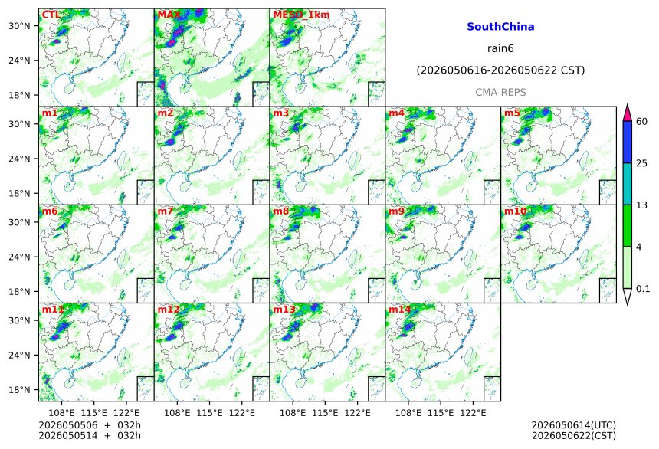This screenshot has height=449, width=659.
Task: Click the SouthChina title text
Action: (500, 27)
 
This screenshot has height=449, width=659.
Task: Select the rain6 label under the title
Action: (500, 48)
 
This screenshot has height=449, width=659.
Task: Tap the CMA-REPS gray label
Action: (500, 93)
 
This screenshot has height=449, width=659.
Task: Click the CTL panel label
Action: (51, 15)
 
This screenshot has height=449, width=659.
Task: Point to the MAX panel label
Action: (169, 15)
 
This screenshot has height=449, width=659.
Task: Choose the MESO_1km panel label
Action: (301, 15)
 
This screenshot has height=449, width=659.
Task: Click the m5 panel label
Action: (512, 113)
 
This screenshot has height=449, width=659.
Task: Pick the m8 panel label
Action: (281, 211)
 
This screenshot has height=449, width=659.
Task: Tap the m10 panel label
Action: (515, 211)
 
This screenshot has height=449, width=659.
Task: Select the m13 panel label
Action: (284, 310)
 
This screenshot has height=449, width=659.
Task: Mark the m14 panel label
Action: (400, 310)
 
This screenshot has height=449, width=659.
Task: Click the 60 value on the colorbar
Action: (642, 122)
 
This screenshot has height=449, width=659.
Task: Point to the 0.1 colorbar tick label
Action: (643, 288)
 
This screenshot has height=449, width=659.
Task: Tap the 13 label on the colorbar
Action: (642, 205)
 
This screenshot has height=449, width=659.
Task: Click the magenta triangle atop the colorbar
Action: (628, 113)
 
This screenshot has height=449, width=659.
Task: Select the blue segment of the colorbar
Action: (628, 142)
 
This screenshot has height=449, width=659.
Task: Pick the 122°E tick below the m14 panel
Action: (473, 413)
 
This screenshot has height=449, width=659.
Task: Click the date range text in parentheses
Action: (500, 70)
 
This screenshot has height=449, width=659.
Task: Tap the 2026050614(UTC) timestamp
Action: (574, 425)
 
